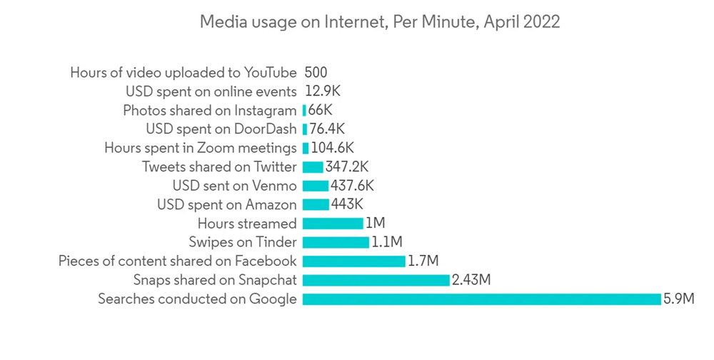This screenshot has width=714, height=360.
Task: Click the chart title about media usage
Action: click(x=379, y=22)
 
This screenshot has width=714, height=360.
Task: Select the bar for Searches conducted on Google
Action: click(x=482, y=299)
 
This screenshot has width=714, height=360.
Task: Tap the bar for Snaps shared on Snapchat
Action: click(x=376, y=280)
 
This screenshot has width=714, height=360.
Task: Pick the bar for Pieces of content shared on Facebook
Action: click(x=354, y=261)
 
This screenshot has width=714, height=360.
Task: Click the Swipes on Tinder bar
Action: click(x=336, y=242)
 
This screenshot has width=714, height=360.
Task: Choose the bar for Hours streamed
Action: click(x=333, y=224)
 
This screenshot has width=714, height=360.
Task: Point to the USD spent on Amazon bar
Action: click(x=316, y=205)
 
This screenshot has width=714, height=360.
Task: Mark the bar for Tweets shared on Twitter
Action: click(x=313, y=167)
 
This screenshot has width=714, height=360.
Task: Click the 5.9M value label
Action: click(x=678, y=299)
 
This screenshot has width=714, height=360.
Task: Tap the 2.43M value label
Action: click(x=471, y=280)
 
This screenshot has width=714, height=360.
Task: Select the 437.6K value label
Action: click(x=352, y=186)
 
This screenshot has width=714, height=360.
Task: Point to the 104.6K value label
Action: click(x=332, y=148)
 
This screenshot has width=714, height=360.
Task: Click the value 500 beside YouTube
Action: click(x=316, y=72)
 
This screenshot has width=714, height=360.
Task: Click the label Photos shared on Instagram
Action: click(x=209, y=110)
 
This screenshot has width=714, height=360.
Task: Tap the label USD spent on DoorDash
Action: click(x=221, y=129)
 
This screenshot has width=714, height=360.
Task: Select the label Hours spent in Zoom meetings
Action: click(x=200, y=148)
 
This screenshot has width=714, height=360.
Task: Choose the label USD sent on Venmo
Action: click(x=234, y=186)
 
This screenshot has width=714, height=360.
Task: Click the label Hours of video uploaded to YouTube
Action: click(x=183, y=72)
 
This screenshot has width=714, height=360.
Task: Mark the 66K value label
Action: click(x=321, y=110)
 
